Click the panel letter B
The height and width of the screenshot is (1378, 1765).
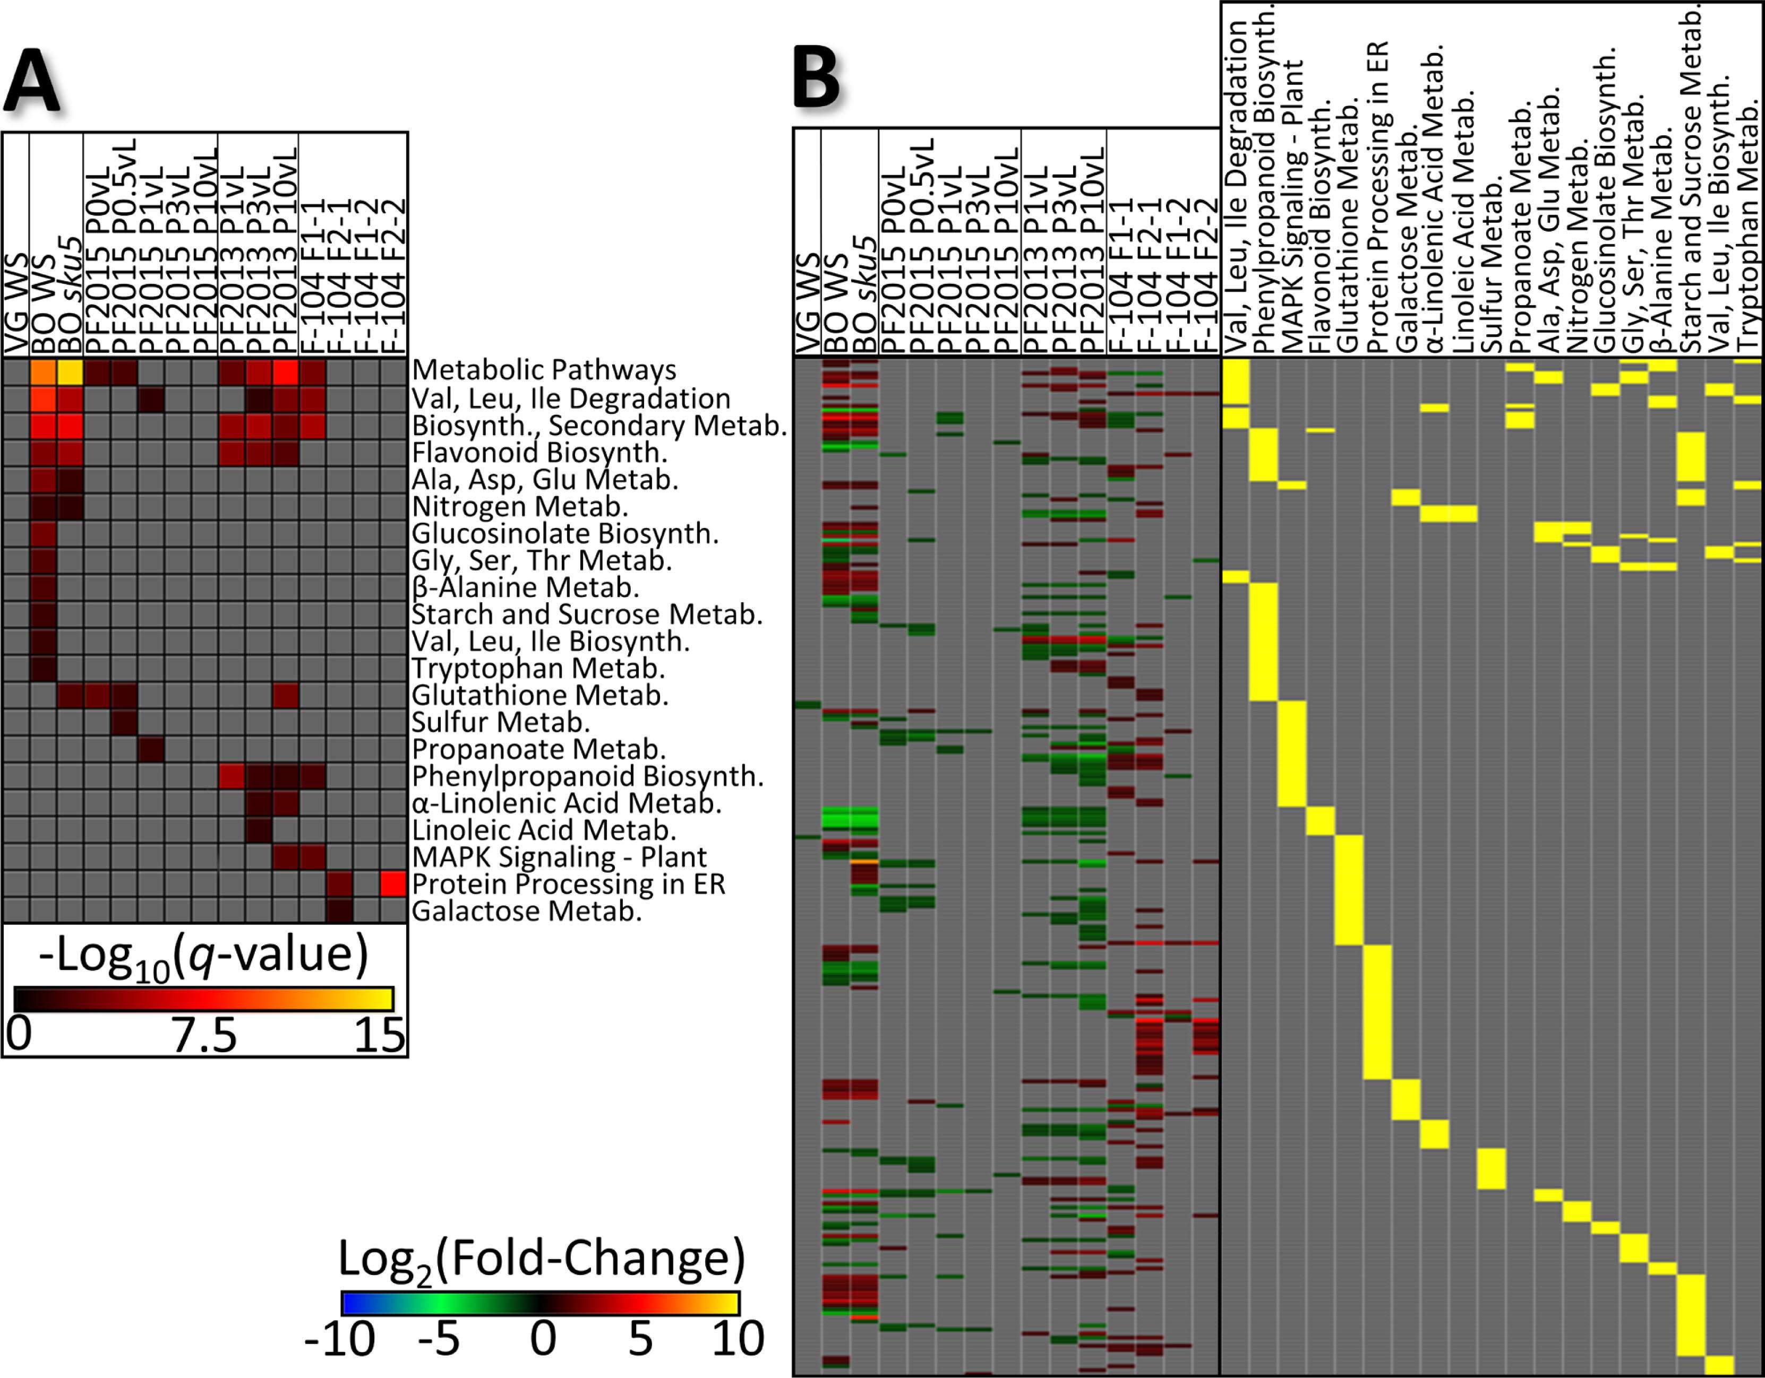point(816,79)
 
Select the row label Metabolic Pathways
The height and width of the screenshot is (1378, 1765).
point(544,370)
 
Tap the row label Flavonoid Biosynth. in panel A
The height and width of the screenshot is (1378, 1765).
point(539,452)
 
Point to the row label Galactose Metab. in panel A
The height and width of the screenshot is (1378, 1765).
point(527,911)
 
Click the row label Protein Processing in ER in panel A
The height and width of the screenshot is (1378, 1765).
point(568,883)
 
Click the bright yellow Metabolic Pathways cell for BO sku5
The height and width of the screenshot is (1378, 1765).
point(70,372)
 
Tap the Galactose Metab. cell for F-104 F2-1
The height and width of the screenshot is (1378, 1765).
point(339,911)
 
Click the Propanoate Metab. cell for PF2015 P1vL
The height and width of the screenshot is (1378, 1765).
point(151,750)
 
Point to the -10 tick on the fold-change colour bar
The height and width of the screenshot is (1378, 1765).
point(339,1338)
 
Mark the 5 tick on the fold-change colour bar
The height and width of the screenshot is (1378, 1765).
point(640,1338)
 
